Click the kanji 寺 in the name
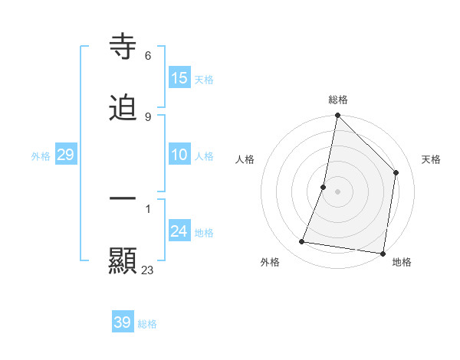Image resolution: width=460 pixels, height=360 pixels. coord(123,47)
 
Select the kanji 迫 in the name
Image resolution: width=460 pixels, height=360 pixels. coord(123,108)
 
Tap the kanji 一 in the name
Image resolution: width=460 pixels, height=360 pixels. coord(123,198)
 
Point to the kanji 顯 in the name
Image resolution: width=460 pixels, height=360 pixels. coord(123,260)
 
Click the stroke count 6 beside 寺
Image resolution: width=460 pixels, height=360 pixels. coord(148,56)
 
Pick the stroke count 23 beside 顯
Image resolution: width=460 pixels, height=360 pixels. coord(148,270)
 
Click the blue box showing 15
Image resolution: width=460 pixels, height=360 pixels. coord(179,78)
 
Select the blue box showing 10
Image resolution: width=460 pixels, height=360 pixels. coord(179,155)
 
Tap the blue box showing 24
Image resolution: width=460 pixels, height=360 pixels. coord(179,231)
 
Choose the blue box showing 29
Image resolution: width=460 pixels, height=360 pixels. coord(65,155)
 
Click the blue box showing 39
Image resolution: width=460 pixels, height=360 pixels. coord(123,322)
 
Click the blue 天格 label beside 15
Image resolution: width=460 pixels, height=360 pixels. coord(204,80)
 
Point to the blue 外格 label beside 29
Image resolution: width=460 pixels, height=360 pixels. coord(41,156)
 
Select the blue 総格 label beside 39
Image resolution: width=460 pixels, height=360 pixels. coord(147,324)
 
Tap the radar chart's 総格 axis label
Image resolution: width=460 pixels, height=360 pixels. coord(338,100)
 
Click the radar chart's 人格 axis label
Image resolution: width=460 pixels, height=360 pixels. coord(245,159)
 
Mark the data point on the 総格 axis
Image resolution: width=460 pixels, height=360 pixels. coord(337,116)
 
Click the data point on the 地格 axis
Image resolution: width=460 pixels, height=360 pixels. coord(383,253)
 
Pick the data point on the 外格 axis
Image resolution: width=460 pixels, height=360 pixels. coord(302,242)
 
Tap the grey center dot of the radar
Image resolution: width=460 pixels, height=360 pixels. coord(337,191)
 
